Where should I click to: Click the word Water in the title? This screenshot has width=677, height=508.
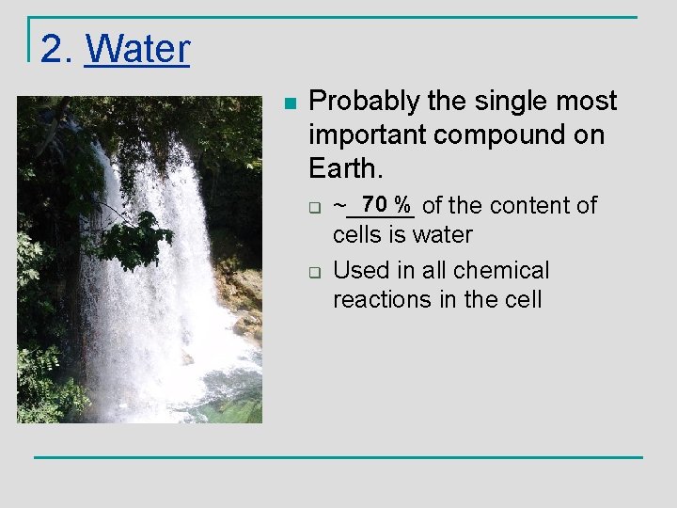click(137, 49)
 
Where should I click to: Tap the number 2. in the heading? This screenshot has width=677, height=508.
click(57, 49)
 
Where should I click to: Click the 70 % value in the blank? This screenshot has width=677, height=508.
click(387, 204)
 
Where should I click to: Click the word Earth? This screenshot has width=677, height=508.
click(345, 168)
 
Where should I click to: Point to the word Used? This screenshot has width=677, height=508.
click(359, 271)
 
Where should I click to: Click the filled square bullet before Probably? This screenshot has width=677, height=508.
click(290, 103)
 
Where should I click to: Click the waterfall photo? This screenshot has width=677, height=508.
click(139, 259)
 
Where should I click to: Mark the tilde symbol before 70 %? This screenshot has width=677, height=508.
click(339, 205)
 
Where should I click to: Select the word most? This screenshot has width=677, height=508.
click(589, 102)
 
